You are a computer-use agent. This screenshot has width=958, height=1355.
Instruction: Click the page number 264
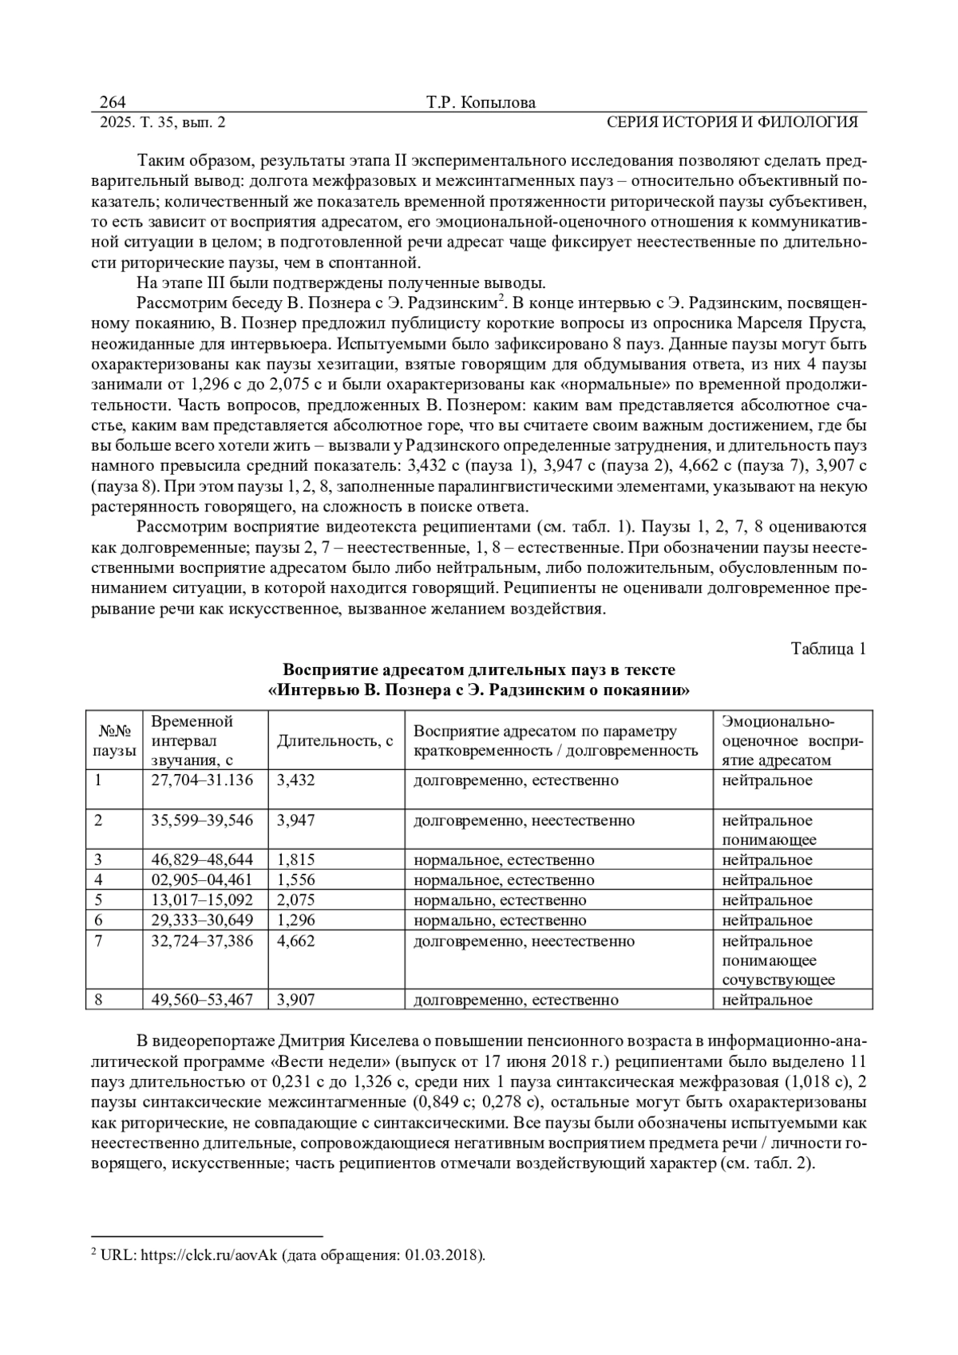pos(113,102)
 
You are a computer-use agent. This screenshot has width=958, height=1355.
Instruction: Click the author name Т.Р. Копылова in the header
pos(481,102)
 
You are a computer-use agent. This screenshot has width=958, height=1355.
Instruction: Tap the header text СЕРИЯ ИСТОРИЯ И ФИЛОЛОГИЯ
pos(732,122)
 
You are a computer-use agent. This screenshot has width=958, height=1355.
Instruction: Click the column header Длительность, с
pos(335,741)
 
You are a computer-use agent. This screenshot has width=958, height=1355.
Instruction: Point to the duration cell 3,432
pos(295,780)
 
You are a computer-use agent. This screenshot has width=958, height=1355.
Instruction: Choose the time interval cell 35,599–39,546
pos(202,820)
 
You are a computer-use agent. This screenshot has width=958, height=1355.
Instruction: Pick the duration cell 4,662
pos(295,940)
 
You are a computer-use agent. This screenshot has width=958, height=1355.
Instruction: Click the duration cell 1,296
pos(295,920)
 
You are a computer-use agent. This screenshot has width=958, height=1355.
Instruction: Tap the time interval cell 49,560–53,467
pos(202,999)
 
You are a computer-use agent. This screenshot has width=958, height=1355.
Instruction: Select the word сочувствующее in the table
pos(778,979)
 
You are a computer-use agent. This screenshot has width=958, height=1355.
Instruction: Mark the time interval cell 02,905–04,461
pos(202,879)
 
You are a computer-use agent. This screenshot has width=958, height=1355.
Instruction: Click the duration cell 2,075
pos(295,899)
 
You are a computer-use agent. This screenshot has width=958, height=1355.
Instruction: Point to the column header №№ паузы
pos(114,741)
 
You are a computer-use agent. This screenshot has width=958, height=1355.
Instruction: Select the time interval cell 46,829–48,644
pos(202,859)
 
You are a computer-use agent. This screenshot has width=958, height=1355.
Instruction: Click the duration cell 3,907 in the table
pos(295,999)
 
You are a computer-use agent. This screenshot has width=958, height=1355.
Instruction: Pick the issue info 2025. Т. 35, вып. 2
pos(162,122)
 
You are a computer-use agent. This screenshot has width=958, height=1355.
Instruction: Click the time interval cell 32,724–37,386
pos(202,940)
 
